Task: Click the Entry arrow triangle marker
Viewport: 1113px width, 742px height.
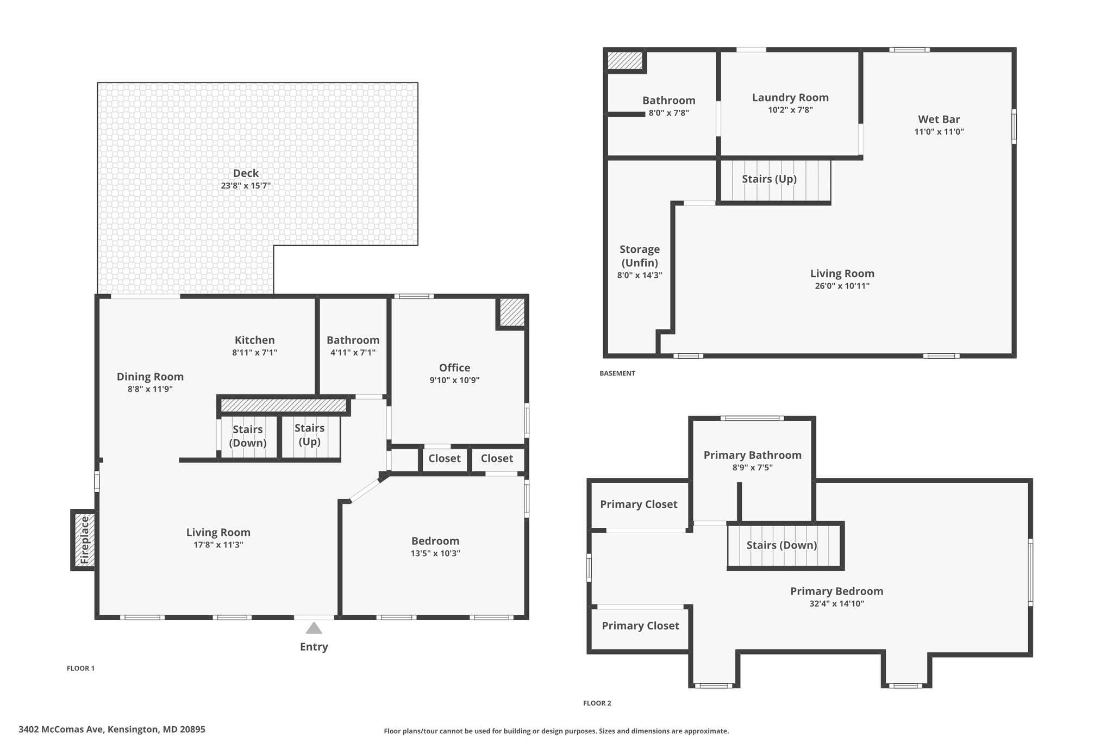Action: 314,628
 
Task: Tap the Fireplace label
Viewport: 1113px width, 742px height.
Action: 84,540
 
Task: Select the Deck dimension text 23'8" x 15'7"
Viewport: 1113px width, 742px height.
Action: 246,186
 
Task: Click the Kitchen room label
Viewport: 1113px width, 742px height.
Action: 254,340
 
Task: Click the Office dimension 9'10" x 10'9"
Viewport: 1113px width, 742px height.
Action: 454,381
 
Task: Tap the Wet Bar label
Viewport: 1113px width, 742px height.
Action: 939,119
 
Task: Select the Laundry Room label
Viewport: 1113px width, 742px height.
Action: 790,97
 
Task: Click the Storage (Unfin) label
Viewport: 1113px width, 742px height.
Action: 640,256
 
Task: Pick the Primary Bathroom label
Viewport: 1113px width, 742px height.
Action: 753,455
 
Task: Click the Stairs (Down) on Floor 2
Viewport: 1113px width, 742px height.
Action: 782,545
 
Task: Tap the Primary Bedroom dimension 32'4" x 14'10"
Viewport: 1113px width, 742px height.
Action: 836,604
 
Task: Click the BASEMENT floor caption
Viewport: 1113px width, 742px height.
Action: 617,373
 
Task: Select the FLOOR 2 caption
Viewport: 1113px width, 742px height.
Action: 597,703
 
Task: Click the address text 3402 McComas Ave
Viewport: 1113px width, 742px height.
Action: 61,729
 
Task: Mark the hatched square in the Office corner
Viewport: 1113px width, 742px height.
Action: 511,313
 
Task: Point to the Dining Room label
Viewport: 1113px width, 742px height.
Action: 150,377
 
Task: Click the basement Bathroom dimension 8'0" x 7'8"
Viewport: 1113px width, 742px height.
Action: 669,113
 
